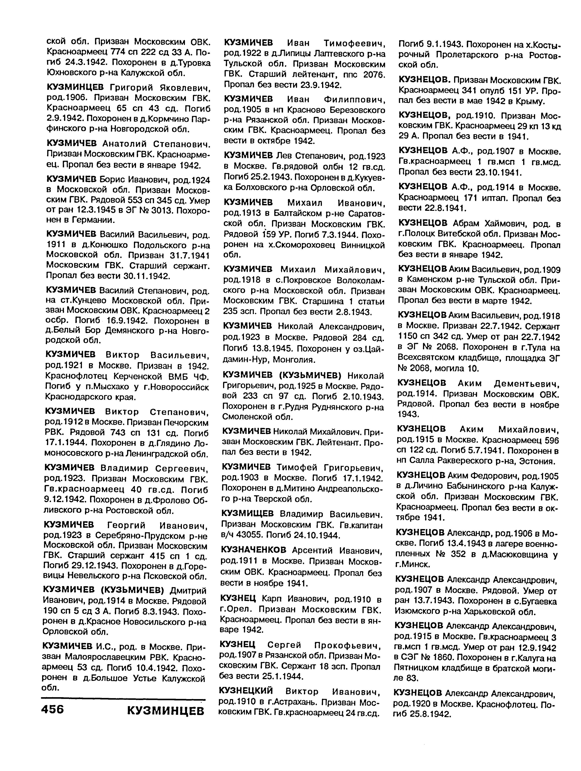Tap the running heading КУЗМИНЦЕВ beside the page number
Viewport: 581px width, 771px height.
(166, 710)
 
